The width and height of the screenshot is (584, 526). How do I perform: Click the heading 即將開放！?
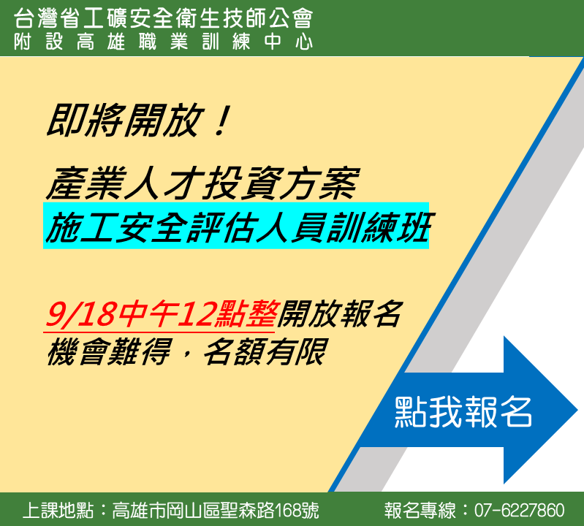[x=139, y=120]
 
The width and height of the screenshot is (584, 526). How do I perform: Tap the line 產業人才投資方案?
[x=202, y=183]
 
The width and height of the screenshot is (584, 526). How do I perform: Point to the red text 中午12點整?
[x=197, y=315]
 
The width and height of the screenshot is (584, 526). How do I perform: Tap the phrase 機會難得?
[x=109, y=352]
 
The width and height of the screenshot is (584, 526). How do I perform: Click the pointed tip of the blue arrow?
[x=577, y=410]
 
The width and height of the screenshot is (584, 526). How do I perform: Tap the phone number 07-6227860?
[x=520, y=510]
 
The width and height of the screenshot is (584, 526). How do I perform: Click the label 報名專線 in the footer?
[x=420, y=510]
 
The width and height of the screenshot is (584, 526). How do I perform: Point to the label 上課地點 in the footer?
[x=58, y=510]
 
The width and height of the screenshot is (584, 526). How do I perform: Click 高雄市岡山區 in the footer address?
[x=166, y=510]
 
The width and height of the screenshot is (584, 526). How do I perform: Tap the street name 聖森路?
[x=247, y=510]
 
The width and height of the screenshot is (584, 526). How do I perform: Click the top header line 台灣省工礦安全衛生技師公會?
[x=163, y=18]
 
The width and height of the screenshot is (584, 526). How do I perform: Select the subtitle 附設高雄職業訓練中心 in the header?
[x=163, y=42]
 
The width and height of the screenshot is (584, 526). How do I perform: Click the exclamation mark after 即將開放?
[x=222, y=120]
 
